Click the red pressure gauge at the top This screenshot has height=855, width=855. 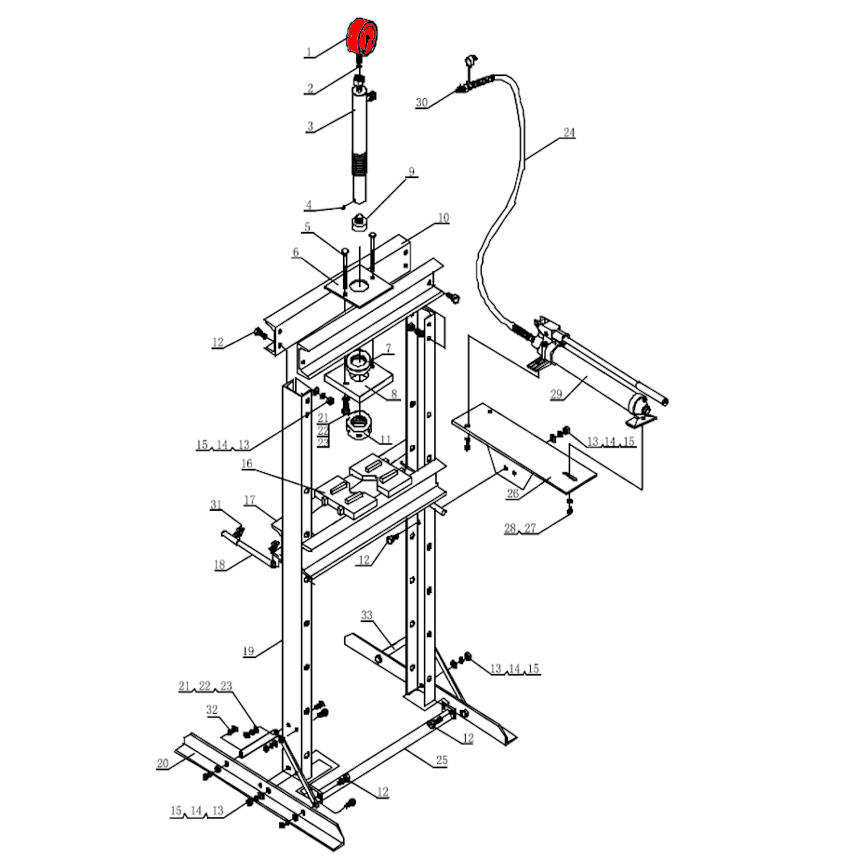(363, 36)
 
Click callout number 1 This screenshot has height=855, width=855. (309, 52)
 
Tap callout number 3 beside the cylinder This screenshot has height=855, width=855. (310, 127)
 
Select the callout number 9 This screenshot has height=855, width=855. (412, 172)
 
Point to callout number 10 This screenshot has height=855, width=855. (443, 217)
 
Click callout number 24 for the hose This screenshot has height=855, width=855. (569, 132)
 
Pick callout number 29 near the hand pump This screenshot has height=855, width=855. (556, 394)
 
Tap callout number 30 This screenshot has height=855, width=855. (421, 103)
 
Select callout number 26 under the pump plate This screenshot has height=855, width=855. (513, 494)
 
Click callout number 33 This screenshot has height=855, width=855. (367, 615)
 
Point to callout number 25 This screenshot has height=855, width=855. (442, 760)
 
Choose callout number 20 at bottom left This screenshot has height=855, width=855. (163, 763)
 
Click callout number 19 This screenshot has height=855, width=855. (249, 651)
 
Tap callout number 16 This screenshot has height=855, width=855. (247, 463)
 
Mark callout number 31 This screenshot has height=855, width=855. (216, 504)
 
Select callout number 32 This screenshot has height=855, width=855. (212, 710)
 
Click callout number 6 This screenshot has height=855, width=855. (296, 253)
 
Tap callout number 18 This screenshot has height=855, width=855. (219, 565)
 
